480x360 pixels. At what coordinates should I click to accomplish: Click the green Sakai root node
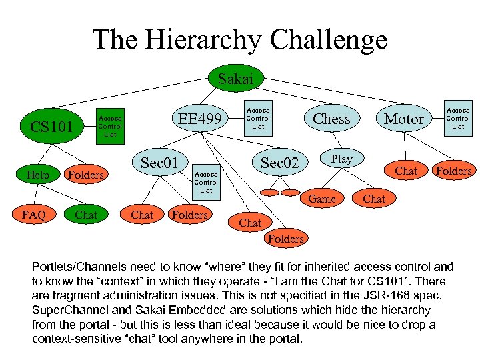click(x=235, y=79)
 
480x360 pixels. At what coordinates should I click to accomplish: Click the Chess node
click(x=331, y=119)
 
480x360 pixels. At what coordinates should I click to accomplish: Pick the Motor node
click(x=404, y=119)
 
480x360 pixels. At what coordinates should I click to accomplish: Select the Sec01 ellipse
click(x=159, y=163)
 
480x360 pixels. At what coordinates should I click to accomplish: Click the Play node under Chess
click(x=341, y=159)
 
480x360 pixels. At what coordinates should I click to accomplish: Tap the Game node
click(x=322, y=198)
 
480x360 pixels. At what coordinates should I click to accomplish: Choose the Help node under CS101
click(x=37, y=175)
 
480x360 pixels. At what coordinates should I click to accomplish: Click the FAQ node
click(x=33, y=215)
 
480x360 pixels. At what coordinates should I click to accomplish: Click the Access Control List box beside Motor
click(x=457, y=118)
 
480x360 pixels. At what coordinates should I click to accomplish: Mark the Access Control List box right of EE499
click(x=258, y=118)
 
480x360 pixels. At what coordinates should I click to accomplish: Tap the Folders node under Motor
click(x=453, y=171)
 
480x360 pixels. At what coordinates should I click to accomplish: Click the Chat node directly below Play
click(x=374, y=199)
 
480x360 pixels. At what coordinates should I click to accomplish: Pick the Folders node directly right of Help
click(x=86, y=175)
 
